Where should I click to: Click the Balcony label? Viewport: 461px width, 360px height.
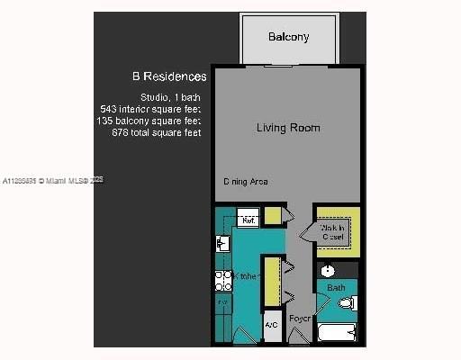click(x=288, y=37)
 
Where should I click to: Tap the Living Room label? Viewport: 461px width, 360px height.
click(x=288, y=128)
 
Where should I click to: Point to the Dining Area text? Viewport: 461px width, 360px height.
click(x=246, y=182)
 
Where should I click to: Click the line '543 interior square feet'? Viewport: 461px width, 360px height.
click(x=150, y=108)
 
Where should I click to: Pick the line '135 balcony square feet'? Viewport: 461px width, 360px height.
click(x=150, y=120)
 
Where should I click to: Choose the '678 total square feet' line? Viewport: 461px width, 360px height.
click(x=150, y=132)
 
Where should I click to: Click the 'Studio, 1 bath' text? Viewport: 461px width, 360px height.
click(x=169, y=96)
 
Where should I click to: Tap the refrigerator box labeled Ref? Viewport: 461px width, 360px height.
click(x=248, y=219)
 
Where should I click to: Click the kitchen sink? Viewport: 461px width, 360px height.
click(x=221, y=243)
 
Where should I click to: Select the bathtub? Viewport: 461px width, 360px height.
click(x=338, y=333)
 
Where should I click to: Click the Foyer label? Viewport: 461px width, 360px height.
click(x=299, y=319)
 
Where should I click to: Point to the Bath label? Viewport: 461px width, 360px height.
click(x=336, y=288)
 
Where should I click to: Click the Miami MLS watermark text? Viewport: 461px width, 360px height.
click(x=54, y=181)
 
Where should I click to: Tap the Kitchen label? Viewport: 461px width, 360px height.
click(x=248, y=275)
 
